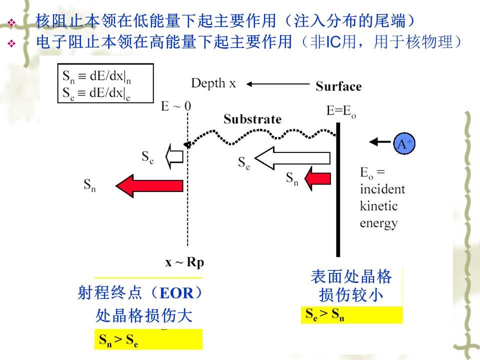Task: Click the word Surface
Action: pyautogui.click(x=338, y=86)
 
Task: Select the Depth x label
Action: pyautogui.click(x=213, y=83)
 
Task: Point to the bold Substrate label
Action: pyautogui.click(x=252, y=119)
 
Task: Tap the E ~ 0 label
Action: pyautogui.click(x=176, y=106)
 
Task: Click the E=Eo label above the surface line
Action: pyautogui.click(x=341, y=111)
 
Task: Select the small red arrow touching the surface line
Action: pyautogui.click(x=318, y=178)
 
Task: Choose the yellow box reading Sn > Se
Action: pyautogui.click(x=148, y=340)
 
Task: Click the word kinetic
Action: pyautogui.click(x=378, y=206)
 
